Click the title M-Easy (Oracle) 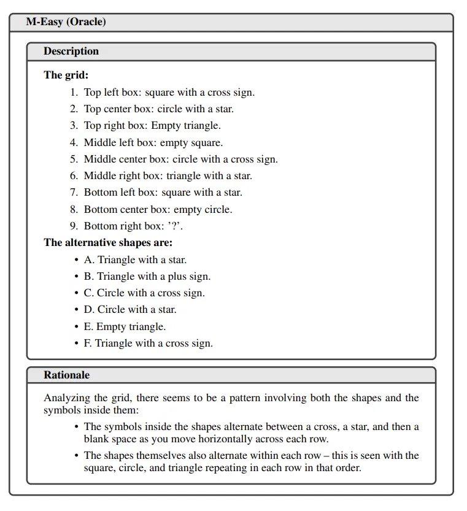(x=66, y=22)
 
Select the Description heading (x=71, y=52)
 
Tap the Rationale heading (x=66, y=375)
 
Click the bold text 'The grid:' (x=66, y=75)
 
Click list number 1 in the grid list (x=74, y=93)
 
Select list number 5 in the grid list (x=74, y=159)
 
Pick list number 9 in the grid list (x=74, y=226)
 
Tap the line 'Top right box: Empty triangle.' (x=152, y=126)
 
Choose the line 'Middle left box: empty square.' (x=153, y=143)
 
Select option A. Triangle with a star (x=135, y=259)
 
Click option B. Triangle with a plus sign (x=147, y=276)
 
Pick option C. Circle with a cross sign (x=144, y=293)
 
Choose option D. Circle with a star (x=130, y=310)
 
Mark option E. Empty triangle (x=125, y=326)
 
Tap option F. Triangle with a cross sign (x=148, y=344)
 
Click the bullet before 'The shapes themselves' (x=76, y=456)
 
